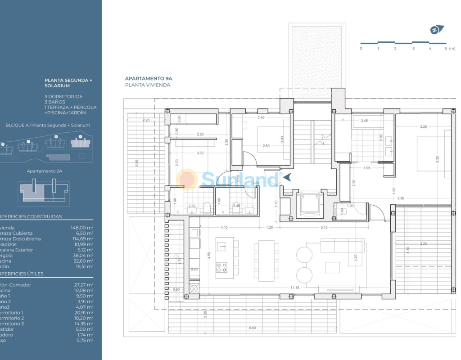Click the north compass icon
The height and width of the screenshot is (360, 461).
coord(436,30)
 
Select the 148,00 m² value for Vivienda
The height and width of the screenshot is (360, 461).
coord(84,228)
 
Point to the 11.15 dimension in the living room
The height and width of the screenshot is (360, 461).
coord(295,288)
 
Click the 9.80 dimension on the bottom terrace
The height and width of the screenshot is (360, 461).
coord(252,328)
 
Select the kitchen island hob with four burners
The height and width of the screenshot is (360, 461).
coord(221,267)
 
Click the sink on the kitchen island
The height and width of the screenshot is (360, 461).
coord(221,246)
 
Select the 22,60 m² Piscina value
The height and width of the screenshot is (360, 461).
coord(84,261)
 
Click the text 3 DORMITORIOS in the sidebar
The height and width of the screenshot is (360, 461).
coord(63,96)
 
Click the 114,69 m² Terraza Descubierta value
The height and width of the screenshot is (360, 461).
coord(83,239)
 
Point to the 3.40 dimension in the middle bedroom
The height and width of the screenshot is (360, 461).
coord(261,117)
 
